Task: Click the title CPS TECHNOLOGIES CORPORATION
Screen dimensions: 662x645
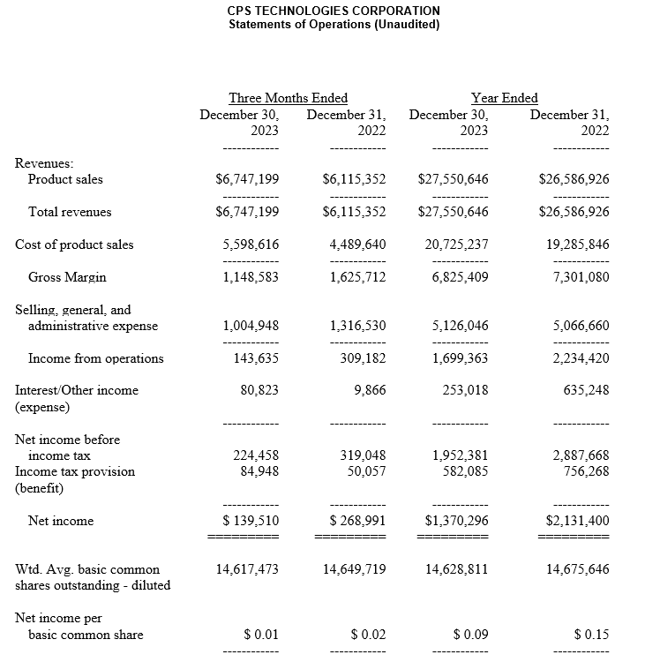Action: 334,11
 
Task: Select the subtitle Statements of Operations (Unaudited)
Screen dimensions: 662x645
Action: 334,24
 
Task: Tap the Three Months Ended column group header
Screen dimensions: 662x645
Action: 288,98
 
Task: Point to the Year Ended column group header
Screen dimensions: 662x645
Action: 504,98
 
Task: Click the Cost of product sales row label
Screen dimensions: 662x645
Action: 74,244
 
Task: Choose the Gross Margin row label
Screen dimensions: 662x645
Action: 67,277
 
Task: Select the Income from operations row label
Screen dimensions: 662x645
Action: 95,358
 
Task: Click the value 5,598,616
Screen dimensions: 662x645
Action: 251,244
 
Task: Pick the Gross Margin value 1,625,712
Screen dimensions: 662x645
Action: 357,277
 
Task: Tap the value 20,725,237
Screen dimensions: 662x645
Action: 456,244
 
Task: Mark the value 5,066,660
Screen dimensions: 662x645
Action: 580,326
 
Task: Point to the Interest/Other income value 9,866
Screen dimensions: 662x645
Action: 369,389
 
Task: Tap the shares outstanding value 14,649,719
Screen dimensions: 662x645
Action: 354,569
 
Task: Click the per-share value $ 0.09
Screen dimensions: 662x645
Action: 470,635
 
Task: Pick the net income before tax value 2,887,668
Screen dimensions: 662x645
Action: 580,455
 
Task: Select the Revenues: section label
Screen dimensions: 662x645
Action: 44,163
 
